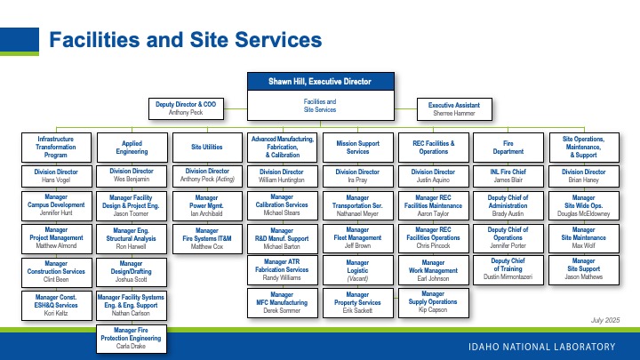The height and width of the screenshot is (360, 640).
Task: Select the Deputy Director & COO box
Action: pos(186,108)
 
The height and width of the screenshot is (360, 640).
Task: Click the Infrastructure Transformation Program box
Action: pos(55,146)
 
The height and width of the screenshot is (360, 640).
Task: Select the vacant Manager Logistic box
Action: pos(357,268)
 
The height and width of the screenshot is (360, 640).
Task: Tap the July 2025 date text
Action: pos(604,318)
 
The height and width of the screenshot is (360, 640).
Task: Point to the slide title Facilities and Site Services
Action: pos(184,40)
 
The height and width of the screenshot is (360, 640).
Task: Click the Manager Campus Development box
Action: pos(55,206)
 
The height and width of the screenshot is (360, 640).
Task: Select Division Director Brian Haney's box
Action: pos(584,176)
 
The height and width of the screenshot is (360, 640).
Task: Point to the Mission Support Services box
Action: pos(357,146)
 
